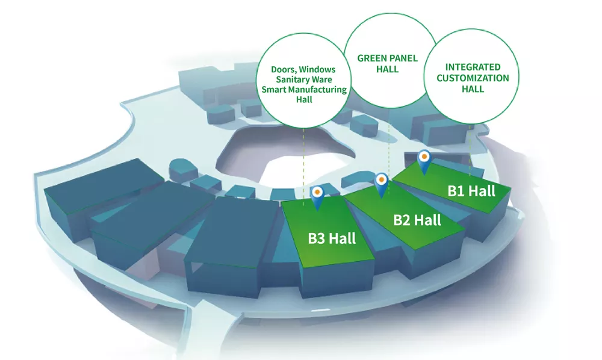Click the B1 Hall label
pyautogui.click(x=471, y=191)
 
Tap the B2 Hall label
pyautogui.click(x=417, y=220)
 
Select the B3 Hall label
pyautogui.click(x=332, y=238)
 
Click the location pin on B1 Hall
pyautogui.click(x=424, y=162)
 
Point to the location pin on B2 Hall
pyautogui.click(x=381, y=185)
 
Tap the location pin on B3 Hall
pyautogui.click(x=317, y=197)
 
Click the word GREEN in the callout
pyautogui.click(x=371, y=58)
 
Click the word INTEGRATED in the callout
pyautogui.click(x=473, y=67)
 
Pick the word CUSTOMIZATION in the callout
pyautogui.click(x=473, y=78)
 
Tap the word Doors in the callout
pyautogui.click(x=284, y=69)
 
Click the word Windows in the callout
pyautogui.click(x=317, y=69)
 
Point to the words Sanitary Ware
pyautogui.click(x=304, y=79)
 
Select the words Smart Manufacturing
pyautogui.click(x=304, y=90)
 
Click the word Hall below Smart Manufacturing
pyautogui.click(x=304, y=99)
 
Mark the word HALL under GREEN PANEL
pyautogui.click(x=387, y=69)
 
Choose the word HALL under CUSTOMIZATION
pyautogui.click(x=473, y=89)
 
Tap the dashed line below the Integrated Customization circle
pyautogui.click(x=470, y=150)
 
